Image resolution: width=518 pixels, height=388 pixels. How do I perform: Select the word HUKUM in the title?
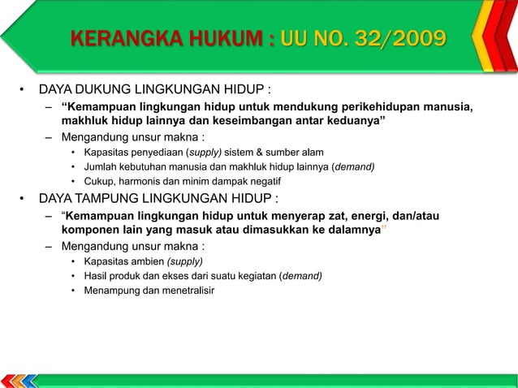click(x=224, y=38)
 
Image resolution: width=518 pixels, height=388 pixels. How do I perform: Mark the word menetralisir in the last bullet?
click(x=188, y=291)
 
